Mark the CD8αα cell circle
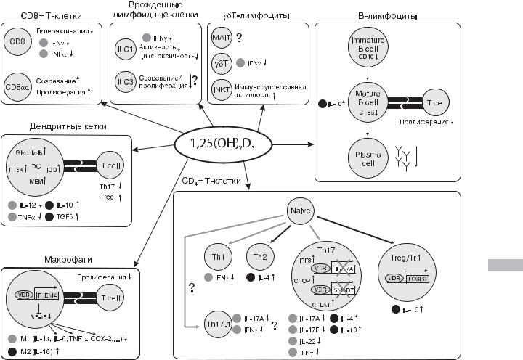coord(21,90)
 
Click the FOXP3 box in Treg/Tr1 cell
coord(434,278)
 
